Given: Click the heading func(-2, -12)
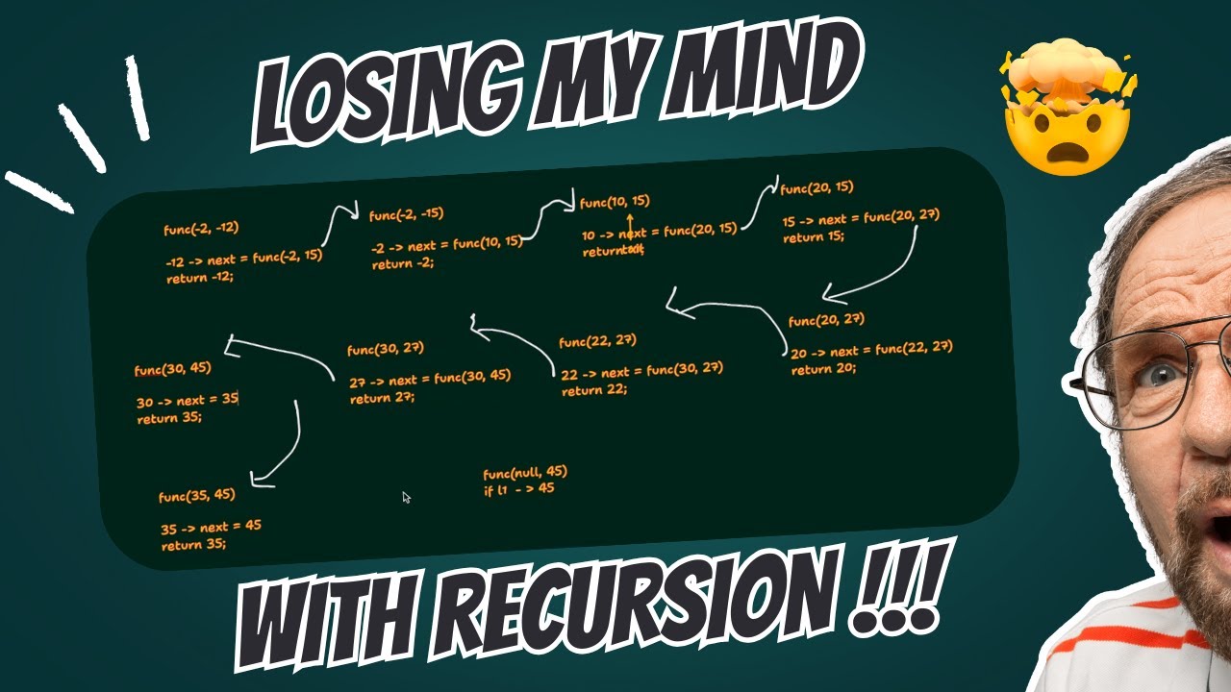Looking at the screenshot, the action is [201, 229].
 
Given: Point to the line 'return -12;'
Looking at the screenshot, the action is [200, 277].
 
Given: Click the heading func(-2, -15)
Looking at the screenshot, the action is [406, 214].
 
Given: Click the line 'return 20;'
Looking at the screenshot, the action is [822, 368].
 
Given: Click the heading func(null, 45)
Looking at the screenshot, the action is [525, 472].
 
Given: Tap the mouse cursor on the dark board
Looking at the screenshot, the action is [406, 497].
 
